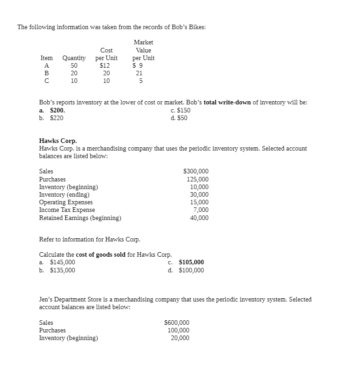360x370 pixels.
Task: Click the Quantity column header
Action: click(x=74, y=58)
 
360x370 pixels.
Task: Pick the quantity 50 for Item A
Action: click(x=74, y=65)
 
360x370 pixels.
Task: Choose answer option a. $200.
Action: click(x=52, y=110)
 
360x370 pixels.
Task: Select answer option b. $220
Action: click(x=51, y=118)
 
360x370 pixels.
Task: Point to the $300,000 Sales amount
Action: click(x=196, y=171)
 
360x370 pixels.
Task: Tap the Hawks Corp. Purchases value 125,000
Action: click(x=197, y=179)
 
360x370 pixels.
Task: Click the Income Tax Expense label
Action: click(x=67, y=210)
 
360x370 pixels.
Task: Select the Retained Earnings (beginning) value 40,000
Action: click(x=199, y=218)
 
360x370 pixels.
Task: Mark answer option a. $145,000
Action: click(x=57, y=262)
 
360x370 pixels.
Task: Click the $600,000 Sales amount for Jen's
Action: click(x=177, y=323)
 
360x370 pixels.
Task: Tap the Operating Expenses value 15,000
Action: click(x=199, y=202)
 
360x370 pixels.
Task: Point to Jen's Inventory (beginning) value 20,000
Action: click(x=180, y=338)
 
